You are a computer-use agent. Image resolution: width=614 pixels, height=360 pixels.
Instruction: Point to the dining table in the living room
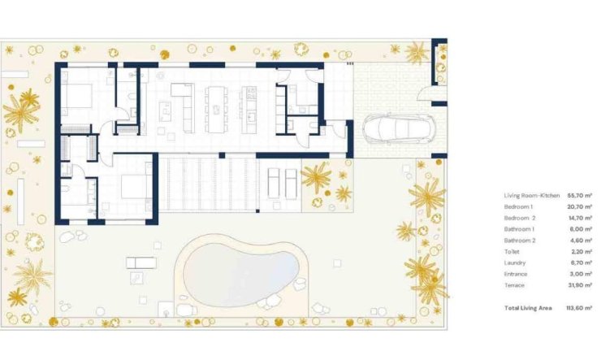(215, 109)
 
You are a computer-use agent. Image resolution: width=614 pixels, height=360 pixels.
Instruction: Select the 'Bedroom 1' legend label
(519, 207)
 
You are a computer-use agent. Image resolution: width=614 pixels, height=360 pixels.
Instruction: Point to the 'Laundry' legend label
(515, 262)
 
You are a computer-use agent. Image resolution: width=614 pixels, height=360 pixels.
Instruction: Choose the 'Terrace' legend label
(515, 285)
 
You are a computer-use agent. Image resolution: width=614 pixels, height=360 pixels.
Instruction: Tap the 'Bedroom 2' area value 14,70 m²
(579, 219)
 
